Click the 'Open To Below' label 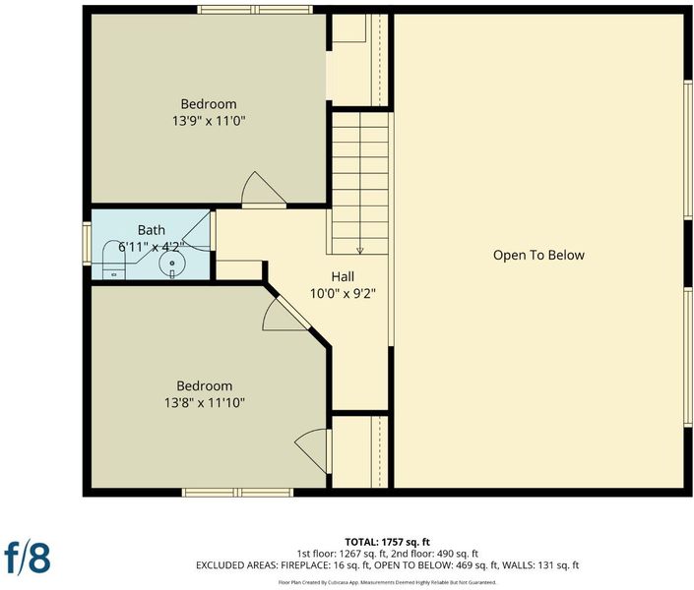click(538, 256)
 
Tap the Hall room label click(343, 277)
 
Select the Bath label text click(152, 230)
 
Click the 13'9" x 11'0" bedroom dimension click(209, 121)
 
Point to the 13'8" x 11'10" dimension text click(205, 403)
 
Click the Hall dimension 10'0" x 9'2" click(343, 294)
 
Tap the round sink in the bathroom click(172, 265)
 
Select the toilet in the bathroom click(114, 261)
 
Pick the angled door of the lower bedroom click(286, 314)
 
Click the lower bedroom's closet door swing click(312, 450)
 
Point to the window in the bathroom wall click(87, 244)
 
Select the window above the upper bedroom click(255, 10)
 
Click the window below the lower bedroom click(237, 493)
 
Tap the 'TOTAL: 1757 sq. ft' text click(387, 542)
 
